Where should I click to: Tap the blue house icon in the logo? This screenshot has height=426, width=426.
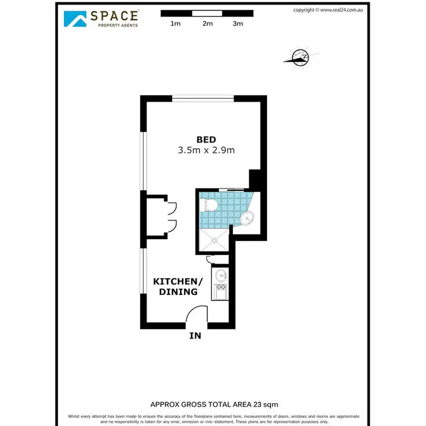click(x=75, y=19)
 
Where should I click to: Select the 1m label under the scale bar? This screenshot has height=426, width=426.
click(x=176, y=24)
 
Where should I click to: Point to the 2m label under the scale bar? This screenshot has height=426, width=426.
click(x=207, y=24)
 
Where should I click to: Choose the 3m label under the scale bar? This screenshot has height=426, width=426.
click(x=238, y=24)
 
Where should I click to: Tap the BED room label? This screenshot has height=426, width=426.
click(x=206, y=140)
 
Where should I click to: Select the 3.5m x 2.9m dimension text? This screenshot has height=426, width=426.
click(x=206, y=151)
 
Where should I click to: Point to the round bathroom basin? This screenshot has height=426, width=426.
click(x=247, y=218)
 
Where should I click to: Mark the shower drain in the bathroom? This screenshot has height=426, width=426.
click(x=215, y=240)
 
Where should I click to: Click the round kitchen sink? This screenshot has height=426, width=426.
click(x=220, y=277)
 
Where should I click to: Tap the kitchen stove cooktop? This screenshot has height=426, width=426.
click(x=220, y=292)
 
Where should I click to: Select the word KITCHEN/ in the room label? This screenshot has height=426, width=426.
click(x=178, y=282)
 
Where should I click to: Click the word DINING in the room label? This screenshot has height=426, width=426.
click(x=178, y=292)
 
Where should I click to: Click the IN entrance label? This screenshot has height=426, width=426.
click(x=195, y=336)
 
